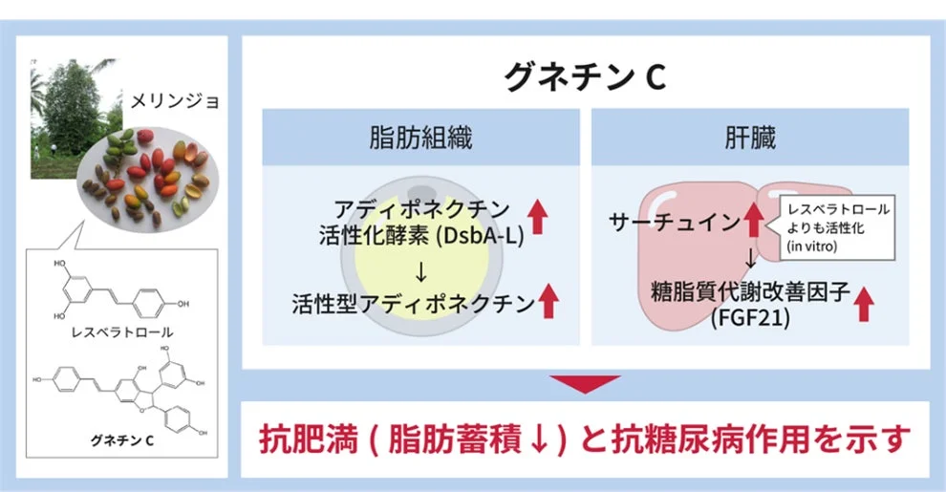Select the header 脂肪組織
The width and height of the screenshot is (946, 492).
[419, 138]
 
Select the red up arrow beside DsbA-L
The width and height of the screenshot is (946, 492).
[537, 219]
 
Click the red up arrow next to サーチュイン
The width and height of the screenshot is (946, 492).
[754, 223]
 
